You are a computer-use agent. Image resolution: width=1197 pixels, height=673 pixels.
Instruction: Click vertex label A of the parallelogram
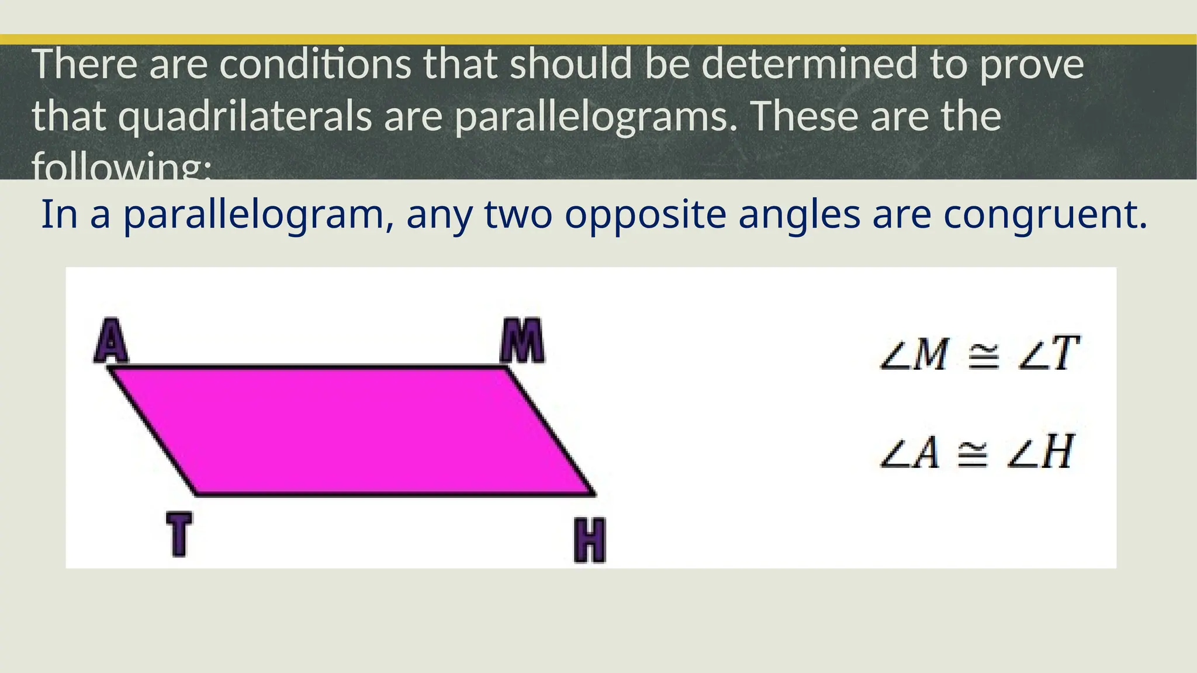[x=111, y=341]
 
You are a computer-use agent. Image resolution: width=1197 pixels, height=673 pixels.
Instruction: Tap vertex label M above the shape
[x=522, y=341]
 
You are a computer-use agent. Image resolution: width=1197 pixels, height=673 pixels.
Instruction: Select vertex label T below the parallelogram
[x=179, y=533]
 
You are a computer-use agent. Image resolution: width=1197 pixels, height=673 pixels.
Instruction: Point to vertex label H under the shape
[x=589, y=540]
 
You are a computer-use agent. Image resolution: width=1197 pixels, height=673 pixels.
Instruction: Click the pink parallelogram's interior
[x=351, y=431]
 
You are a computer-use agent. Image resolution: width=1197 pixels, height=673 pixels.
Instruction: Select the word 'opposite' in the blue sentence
[x=645, y=215]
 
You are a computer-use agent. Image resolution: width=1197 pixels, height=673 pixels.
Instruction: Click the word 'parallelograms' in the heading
[x=596, y=116]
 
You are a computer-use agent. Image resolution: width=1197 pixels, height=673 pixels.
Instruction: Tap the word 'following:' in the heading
[x=121, y=166]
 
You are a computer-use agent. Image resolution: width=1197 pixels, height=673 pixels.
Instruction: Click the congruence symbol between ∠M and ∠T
[x=983, y=355]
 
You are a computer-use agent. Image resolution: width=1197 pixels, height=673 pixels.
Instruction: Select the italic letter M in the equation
[x=929, y=355]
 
